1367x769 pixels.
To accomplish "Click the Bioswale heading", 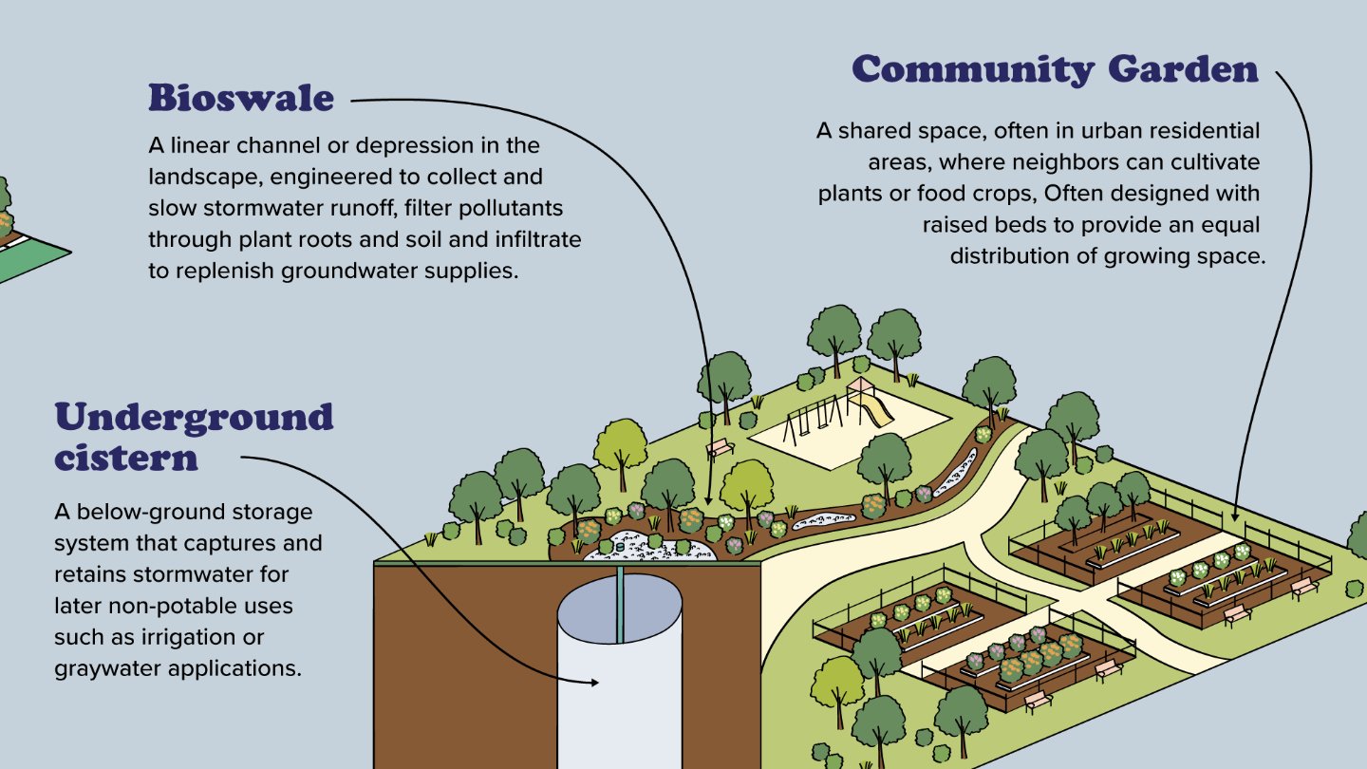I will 241,98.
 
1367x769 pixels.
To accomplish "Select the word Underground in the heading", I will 194,417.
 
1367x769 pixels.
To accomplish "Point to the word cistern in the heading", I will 125,458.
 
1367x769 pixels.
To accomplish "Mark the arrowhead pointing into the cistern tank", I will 595,682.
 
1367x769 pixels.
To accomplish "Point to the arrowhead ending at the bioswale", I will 710,500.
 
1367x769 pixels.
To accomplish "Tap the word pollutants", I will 514,207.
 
